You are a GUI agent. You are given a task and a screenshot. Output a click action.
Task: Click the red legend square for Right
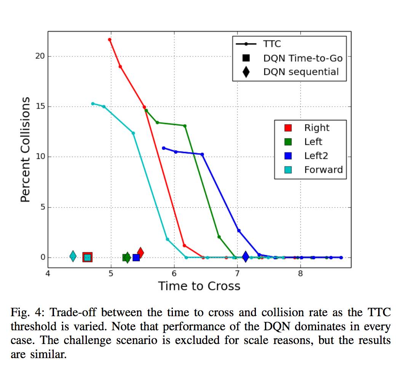(x=288, y=128)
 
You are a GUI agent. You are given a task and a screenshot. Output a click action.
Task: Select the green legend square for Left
(x=288, y=142)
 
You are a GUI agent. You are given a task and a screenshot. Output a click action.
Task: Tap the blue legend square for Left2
(x=288, y=156)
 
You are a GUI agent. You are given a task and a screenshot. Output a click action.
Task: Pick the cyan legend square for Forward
(x=288, y=170)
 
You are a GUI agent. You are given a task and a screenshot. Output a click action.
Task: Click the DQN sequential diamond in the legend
(x=246, y=72)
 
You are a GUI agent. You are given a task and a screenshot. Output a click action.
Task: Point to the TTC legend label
(x=272, y=44)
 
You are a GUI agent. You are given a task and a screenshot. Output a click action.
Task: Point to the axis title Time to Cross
(x=199, y=286)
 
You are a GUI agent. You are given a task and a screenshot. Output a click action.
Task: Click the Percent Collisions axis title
(x=25, y=149)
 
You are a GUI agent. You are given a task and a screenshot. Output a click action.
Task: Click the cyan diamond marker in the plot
(x=73, y=257)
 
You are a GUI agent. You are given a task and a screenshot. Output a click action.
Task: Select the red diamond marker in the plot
(x=140, y=252)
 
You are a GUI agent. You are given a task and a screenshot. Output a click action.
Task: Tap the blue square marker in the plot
(x=136, y=258)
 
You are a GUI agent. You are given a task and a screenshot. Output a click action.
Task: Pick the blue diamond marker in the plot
(x=246, y=257)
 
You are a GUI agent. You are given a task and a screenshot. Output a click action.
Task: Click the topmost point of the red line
(x=110, y=40)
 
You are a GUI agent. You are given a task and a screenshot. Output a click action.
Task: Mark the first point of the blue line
(x=164, y=148)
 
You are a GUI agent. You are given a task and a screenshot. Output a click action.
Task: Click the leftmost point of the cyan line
(x=93, y=104)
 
